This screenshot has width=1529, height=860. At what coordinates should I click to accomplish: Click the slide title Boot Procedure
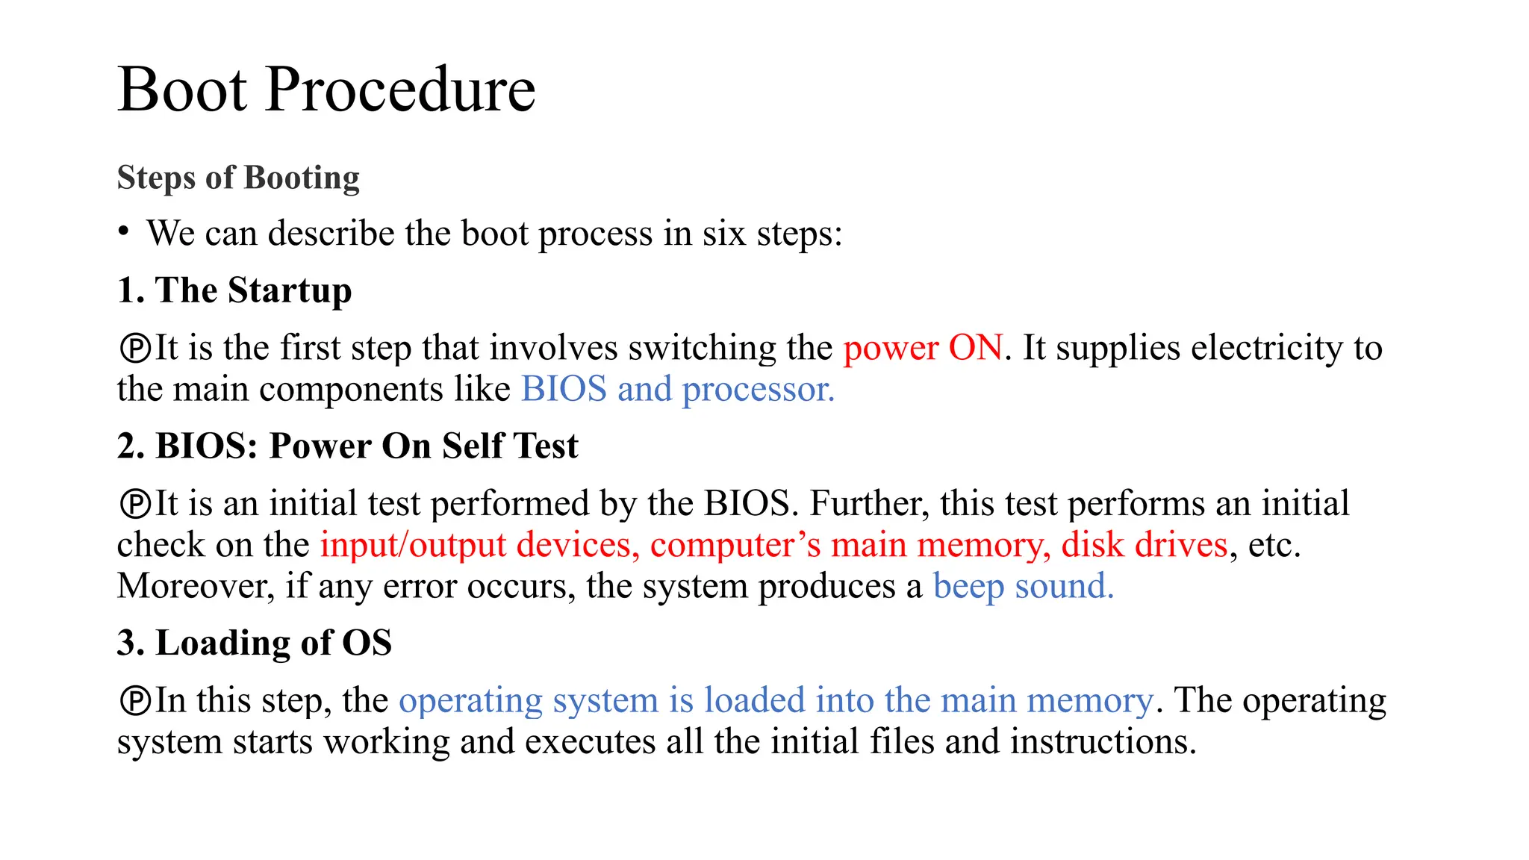[x=326, y=90]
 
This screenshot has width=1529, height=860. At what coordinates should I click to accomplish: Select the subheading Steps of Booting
[x=238, y=178]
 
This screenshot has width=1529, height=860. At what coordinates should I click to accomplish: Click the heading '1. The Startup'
[x=234, y=290]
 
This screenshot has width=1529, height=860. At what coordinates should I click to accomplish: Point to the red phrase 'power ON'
[x=923, y=348]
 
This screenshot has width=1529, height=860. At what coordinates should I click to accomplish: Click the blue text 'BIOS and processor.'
[x=677, y=389]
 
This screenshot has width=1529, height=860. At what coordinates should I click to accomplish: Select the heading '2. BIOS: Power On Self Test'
[x=348, y=446]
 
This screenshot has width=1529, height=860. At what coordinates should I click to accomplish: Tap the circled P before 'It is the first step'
[x=135, y=349]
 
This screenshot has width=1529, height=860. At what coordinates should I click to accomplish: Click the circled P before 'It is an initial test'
[x=135, y=504]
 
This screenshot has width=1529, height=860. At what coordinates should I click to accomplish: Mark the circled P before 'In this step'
[x=135, y=701]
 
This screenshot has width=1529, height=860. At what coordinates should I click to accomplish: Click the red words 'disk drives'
[x=1145, y=545]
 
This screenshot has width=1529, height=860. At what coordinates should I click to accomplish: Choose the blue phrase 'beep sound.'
[x=1023, y=586]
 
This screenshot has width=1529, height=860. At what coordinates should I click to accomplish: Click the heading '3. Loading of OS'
[x=255, y=643]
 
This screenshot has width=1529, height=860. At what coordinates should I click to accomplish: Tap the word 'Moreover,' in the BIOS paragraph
[x=196, y=586]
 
